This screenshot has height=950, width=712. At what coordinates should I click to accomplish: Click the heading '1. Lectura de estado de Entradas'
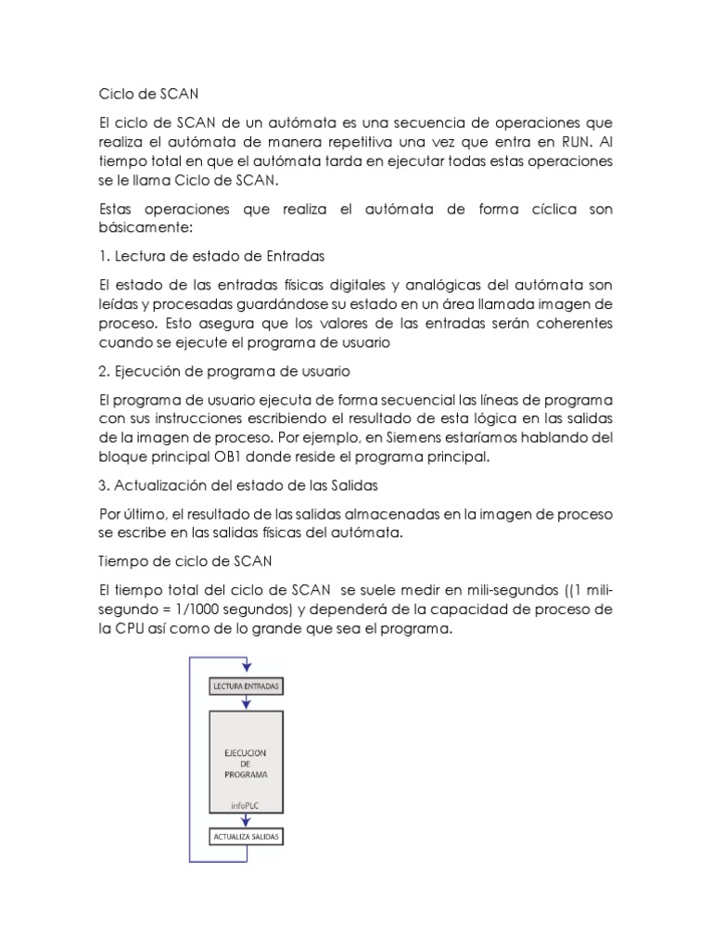coord(211,256)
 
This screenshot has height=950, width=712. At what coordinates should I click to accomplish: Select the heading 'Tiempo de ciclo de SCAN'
coord(172,561)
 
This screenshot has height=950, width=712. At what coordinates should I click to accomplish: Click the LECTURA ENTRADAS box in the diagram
coord(246,687)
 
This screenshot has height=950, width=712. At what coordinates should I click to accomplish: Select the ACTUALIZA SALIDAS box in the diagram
coord(246,837)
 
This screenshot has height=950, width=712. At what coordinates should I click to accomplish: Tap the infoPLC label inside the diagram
coord(246,805)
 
